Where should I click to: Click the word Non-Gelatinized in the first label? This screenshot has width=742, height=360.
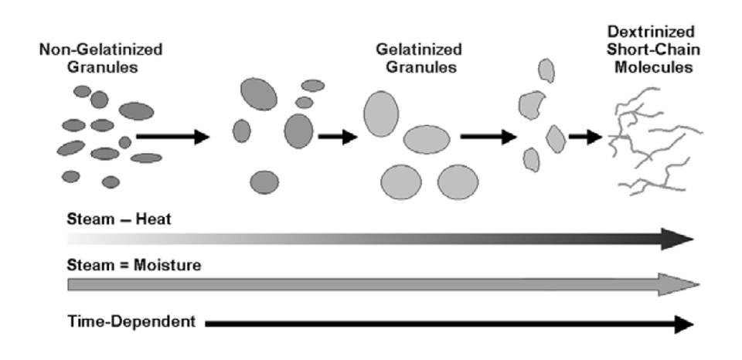(101, 50)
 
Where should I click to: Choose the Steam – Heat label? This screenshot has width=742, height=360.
(119, 219)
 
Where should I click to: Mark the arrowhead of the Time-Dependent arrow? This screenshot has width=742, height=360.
(682, 324)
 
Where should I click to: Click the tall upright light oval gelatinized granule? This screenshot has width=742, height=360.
(381, 114)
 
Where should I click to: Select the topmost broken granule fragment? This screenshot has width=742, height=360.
(546, 72)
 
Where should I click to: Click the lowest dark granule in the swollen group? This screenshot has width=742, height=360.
(264, 182)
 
